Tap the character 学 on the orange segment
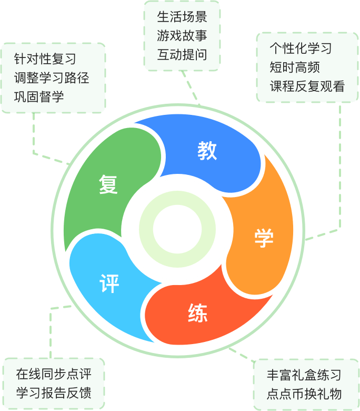pos(264,238)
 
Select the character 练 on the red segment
pos(197,313)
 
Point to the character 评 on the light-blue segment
pos(109,283)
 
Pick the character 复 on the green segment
pos(108,184)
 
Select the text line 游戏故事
pos(182,36)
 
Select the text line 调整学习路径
pos(52,78)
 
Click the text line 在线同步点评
pos(54,375)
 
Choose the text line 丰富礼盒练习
pos(304,375)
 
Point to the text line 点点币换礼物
pos(304,394)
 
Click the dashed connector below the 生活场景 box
pos(191,87)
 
